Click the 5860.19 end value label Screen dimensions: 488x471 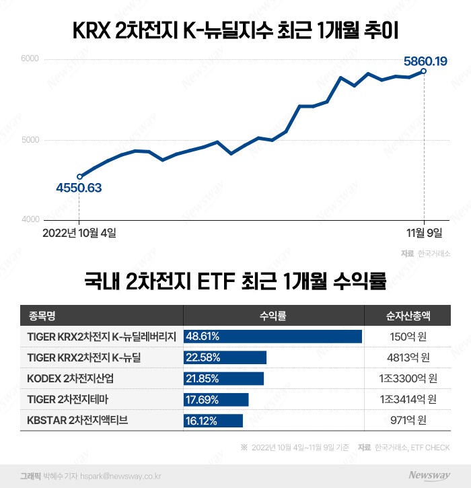425,62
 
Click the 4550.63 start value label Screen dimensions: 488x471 79,188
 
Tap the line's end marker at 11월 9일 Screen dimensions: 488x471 424,71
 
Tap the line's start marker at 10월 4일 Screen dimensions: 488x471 80,176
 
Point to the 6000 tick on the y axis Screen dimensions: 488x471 30,59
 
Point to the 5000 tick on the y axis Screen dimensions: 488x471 30,140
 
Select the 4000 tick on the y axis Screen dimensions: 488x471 30,219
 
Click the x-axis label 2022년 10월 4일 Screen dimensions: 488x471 79,233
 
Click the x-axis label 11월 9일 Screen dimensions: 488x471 424,233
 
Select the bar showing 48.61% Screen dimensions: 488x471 273,336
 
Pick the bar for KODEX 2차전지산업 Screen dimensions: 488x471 223,378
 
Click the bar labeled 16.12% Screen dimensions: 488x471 213,421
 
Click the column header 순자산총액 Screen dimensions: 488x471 408,315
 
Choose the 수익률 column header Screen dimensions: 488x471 273,315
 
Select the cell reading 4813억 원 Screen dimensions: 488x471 408,357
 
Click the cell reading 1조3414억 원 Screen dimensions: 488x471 408,400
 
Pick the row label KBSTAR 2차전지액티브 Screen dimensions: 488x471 77,421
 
